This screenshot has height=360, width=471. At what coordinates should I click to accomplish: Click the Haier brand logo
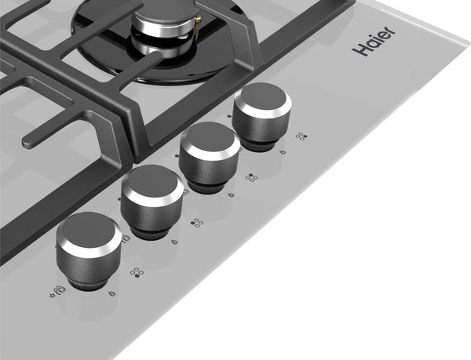(374, 41)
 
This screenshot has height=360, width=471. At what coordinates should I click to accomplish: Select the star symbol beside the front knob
(53, 296)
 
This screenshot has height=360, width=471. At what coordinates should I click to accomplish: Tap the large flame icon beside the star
(60, 290)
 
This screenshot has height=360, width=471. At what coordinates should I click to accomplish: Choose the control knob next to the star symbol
(89, 249)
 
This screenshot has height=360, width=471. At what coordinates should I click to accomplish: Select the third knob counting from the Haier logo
(152, 201)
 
